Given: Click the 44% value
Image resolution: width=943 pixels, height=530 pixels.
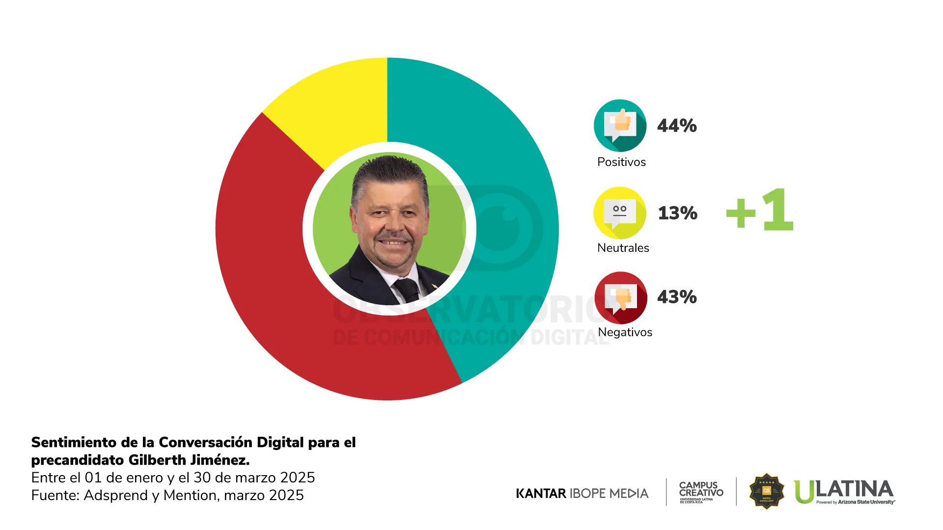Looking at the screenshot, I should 677,126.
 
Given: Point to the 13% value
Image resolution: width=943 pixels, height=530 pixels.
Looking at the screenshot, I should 677,213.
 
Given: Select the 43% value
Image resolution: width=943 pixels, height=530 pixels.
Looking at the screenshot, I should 677,297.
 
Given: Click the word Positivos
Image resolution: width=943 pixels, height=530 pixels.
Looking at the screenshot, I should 621,162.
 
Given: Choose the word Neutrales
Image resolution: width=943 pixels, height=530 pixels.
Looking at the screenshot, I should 623,248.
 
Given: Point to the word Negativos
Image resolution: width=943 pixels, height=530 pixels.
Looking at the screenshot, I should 625,332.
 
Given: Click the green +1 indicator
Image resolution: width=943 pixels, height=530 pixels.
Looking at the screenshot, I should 760,210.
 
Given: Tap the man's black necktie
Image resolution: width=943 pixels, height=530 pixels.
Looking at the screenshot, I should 407,290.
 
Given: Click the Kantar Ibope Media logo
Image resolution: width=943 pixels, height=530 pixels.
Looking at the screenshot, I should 582,493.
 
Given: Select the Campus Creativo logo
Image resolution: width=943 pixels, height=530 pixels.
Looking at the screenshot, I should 701,492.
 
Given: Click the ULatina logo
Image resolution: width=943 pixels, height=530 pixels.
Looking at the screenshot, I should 844,491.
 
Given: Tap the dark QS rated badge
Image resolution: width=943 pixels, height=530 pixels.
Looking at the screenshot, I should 766,491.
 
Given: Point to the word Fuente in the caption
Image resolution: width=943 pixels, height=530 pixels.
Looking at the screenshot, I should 55,496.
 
